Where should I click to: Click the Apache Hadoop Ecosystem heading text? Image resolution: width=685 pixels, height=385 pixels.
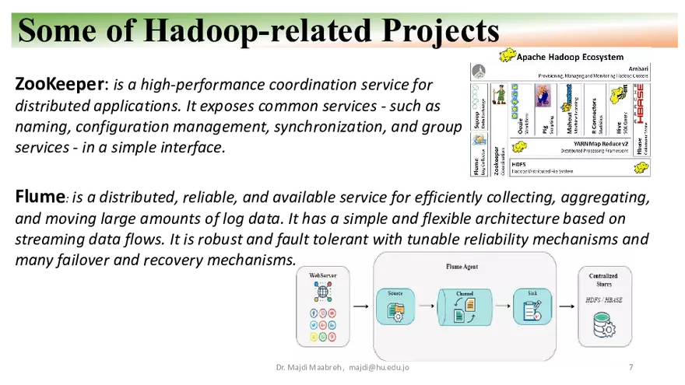pos(571,57)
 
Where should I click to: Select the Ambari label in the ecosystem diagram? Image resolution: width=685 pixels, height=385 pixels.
pos(636,68)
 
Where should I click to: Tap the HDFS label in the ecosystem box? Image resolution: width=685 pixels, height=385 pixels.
pos(519,164)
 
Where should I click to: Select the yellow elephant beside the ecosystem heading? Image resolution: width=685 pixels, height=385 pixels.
pos(508,56)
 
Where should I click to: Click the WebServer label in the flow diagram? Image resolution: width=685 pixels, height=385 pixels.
pos(322,275)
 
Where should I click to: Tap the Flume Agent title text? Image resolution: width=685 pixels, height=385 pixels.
pos(463,267)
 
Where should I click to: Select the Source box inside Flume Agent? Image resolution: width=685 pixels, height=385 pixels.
pos(395,307)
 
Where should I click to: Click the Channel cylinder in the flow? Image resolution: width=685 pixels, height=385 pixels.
pos(465,308)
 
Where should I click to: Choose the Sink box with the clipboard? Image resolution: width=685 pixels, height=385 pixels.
pos(532,308)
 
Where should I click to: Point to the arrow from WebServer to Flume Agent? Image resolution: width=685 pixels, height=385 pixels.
pos(360,306)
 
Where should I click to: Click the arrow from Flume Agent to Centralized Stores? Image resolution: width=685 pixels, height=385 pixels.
pos(567,306)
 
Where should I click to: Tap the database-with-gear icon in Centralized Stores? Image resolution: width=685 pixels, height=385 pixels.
pos(604,324)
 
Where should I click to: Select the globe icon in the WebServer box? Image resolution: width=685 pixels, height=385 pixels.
pos(322,293)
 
